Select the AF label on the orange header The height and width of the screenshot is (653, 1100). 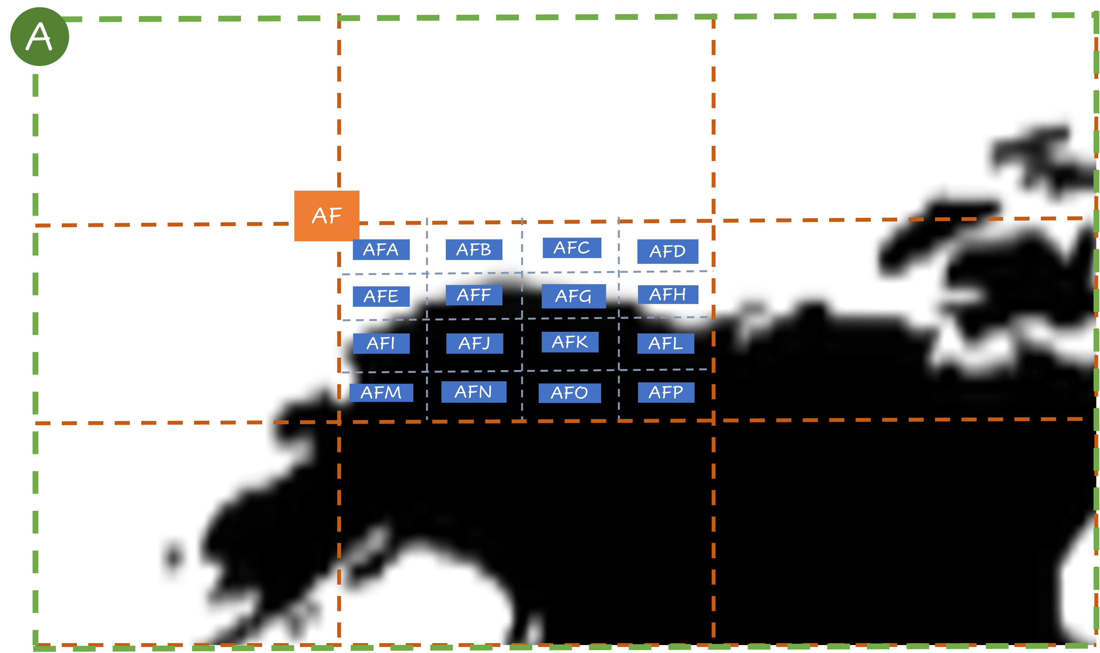[326, 216]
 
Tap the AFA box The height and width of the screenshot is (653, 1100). [381, 250]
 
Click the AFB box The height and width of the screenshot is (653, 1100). [474, 249]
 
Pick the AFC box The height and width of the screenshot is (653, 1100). [571, 248]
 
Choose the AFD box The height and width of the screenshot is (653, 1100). [667, 251]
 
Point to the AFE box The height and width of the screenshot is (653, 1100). [381, 296]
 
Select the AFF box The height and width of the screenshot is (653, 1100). [474, 295]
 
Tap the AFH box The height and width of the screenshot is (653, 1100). [668, 294]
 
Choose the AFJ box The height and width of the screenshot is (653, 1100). [474, 343]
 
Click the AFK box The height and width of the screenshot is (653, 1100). [570, 342]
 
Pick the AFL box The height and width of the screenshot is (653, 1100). [665, 343]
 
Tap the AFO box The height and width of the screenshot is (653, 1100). [570, 393]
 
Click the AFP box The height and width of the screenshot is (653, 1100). [666, 392]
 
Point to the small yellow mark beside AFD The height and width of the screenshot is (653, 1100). [705, 268]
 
